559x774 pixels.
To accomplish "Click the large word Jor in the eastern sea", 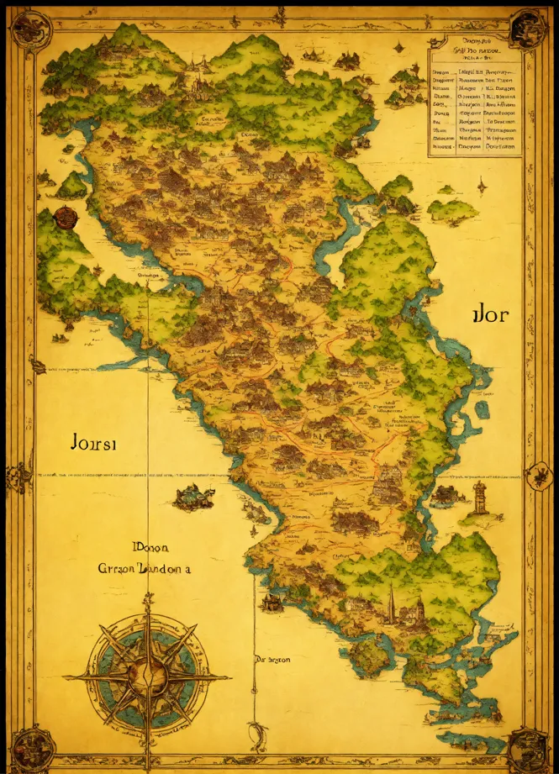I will tap(489, 318).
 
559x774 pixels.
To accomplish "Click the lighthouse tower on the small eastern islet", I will tap(480, 498).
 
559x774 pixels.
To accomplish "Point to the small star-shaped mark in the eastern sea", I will tap(481, 184).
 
